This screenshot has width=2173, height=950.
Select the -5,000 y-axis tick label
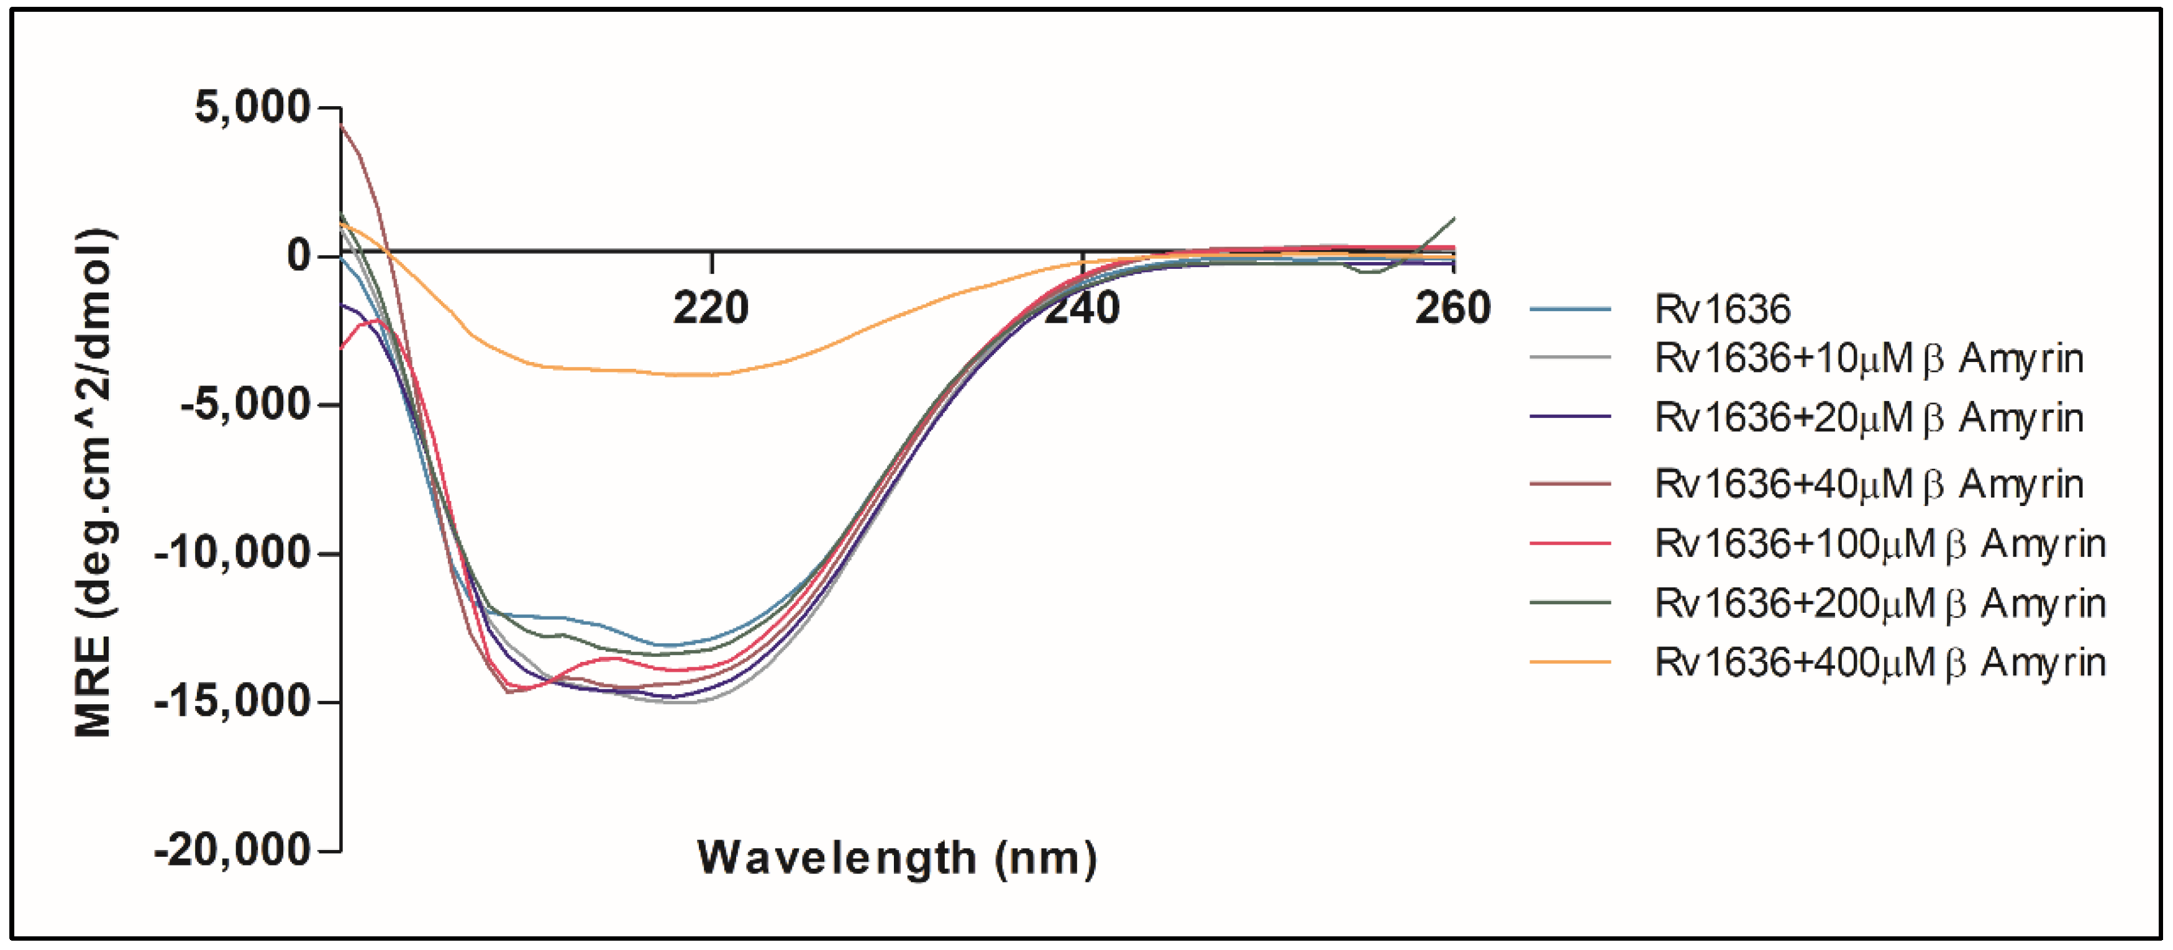(245, 405)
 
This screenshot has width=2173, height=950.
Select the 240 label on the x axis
(1082, 308)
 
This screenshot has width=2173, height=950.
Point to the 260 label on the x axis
(1452, 308)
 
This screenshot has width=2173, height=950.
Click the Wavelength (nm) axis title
(896, 858)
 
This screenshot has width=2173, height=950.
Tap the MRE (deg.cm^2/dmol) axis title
(94, 482)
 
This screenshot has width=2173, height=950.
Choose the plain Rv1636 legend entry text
(1722, 309)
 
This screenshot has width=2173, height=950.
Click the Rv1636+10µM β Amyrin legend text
(1869, 359)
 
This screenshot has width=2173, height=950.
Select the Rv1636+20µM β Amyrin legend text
(1869, 418)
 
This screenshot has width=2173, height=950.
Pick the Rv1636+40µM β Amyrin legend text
(1869, 484)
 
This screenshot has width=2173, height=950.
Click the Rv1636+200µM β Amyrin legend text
(1879, 604)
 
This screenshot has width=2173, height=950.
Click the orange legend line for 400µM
(1570, 663)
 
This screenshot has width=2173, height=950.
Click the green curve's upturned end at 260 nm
(1451, 220)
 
